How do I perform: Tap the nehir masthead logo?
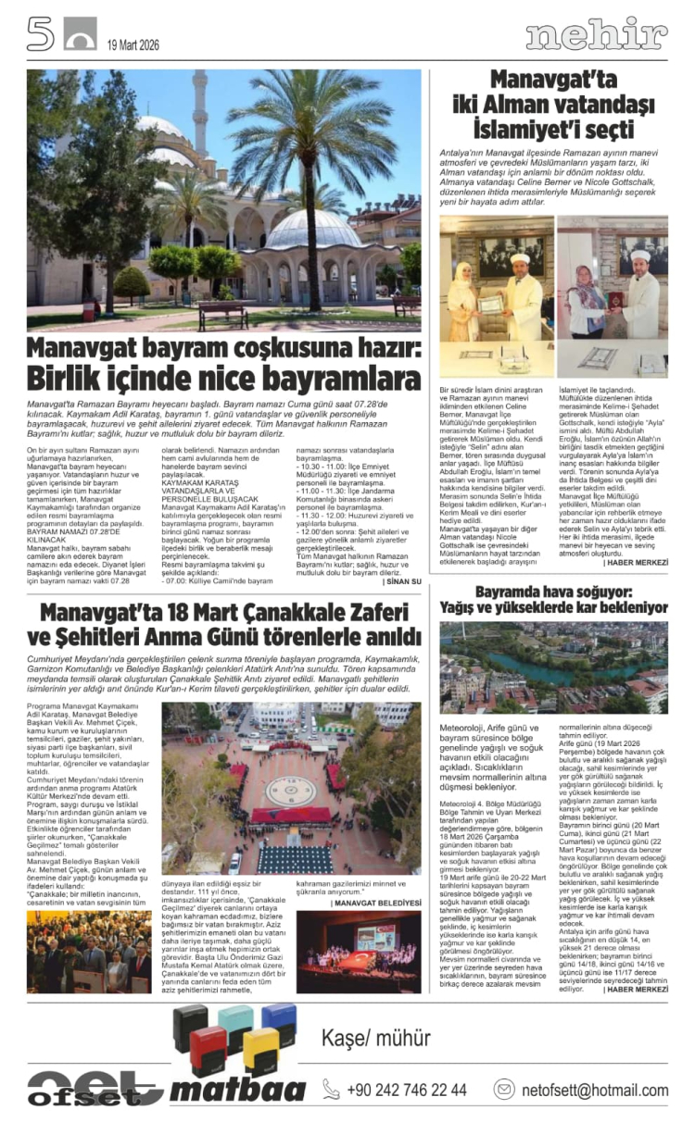596,35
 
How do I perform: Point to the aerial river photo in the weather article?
553,667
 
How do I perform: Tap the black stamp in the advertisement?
190,1024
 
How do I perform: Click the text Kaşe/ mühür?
362,1037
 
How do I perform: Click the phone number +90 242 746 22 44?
406,1090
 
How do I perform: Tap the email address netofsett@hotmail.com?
594,1090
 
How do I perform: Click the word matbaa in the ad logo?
237,1090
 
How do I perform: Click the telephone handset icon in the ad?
331,1089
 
